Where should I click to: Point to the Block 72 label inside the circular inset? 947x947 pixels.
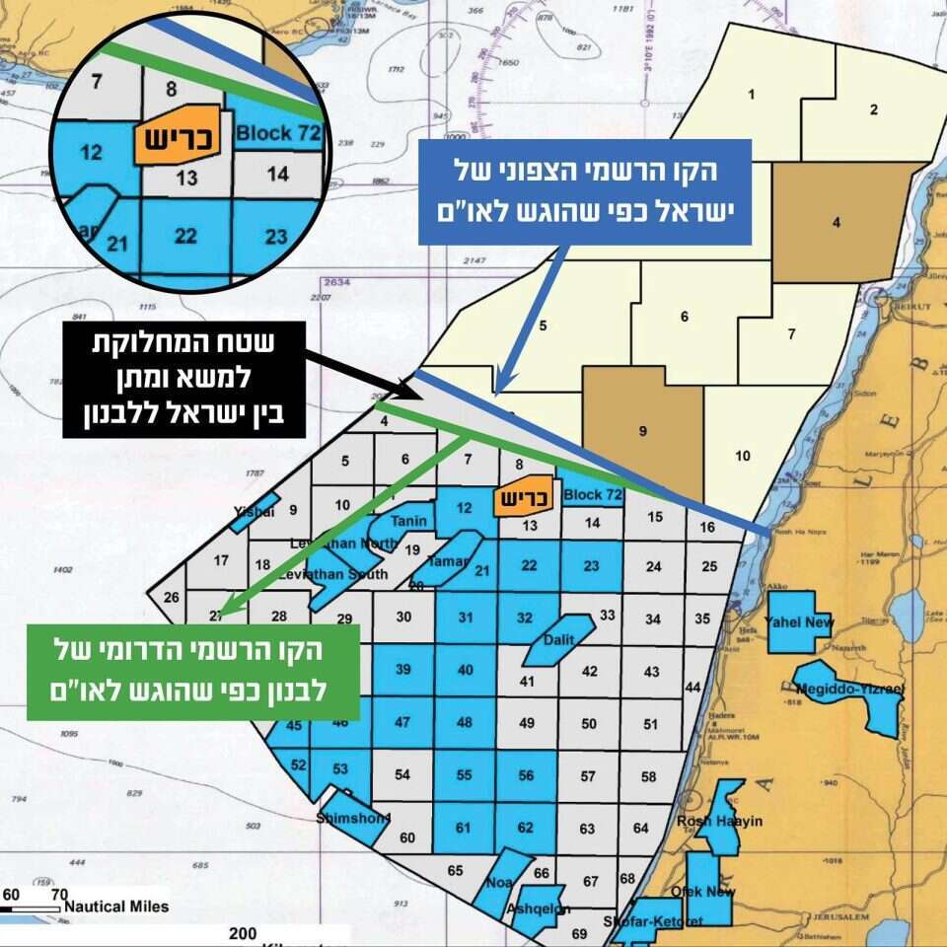[x=279, y=133]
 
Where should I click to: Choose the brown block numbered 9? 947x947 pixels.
[x=643, y=430]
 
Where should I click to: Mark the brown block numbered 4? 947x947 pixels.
[x=837, y=222]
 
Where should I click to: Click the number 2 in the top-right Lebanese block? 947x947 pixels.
[x=874, y=109]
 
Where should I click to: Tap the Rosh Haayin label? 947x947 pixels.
[x=720, y=821]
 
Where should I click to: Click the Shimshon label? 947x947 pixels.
[x=353, y=818]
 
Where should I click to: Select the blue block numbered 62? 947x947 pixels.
[x=527, y=827]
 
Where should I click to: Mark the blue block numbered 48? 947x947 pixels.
[x=465, y=722]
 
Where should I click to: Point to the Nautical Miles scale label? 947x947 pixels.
[x=116, y=907]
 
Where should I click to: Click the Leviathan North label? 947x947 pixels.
[x=343, y=544]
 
